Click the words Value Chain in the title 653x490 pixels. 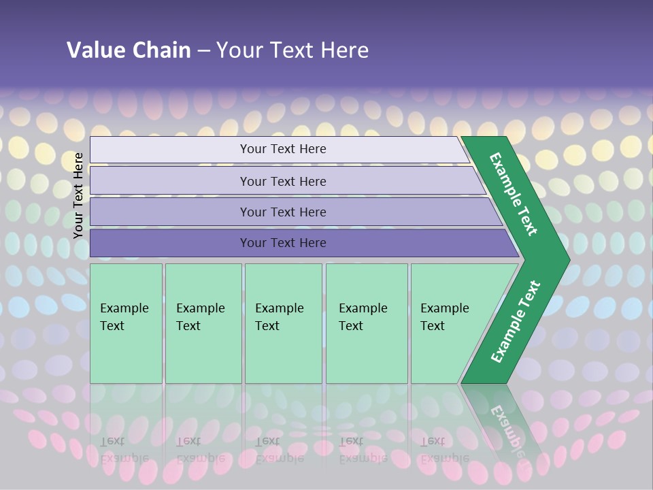click(x=129, y=50)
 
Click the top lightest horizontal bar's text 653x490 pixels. click(x=283, y=149)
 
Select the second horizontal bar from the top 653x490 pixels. click(x=283, y=181)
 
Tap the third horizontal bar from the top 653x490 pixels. click(x=283, y=212)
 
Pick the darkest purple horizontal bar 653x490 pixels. click(x=283, y=243)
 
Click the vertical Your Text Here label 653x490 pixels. click(x=78, y=195)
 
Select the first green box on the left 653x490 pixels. click(x=126, y=323)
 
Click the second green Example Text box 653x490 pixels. click(x=203, y=323)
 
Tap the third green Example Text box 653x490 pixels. click(x=283, y=323)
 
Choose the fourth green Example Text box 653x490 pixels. click(x=366, y=323)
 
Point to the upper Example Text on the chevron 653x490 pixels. click(x=514, y=194)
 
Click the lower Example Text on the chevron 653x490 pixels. click(x=516, y=321)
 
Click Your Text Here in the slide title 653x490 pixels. click(x=292, y=50)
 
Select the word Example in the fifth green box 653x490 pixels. click(x=444, y=308)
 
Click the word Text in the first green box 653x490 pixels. click(x=112, y=326)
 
